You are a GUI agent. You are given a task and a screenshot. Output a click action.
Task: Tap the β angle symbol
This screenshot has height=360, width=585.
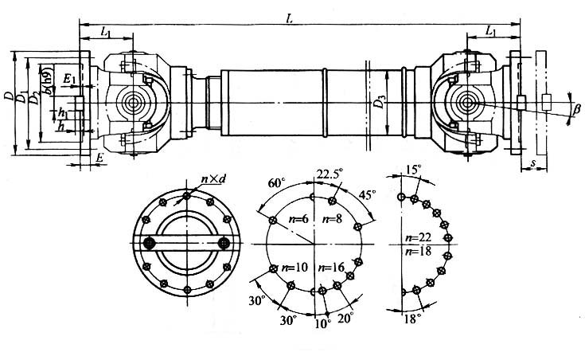pos(577,109)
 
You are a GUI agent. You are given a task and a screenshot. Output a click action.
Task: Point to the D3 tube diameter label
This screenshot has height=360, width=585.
pos(382,101)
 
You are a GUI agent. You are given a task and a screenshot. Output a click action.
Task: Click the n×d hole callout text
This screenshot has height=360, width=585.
pos(213,181)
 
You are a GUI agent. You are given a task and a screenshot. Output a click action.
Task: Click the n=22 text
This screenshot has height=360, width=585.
pos(415,238)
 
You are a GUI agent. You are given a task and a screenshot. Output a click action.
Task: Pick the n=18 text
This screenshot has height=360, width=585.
pos(415,250)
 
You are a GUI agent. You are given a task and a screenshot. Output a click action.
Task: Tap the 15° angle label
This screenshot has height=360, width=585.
pos(413,170)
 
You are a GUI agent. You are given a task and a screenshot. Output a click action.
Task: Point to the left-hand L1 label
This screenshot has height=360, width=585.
pos(106,31)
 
